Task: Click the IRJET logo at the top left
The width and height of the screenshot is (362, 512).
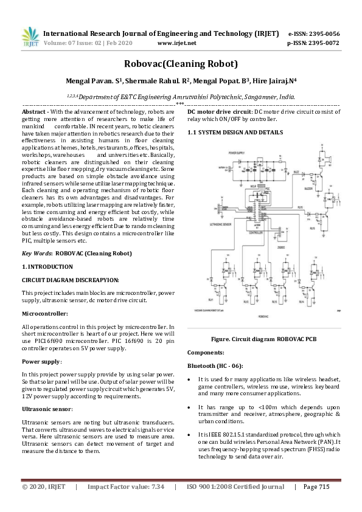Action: coord(30,38)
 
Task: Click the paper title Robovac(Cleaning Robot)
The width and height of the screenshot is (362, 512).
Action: coord(181,63)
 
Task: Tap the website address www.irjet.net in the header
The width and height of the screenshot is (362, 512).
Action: coord(176,44)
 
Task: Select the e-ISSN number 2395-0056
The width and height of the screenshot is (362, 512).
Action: coord(322,33)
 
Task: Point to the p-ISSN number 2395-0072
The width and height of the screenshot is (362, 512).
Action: coord(322,44)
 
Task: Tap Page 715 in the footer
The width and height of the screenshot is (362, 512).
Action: coord(316,486)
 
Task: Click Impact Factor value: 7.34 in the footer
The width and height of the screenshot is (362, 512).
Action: coord(126,486)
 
